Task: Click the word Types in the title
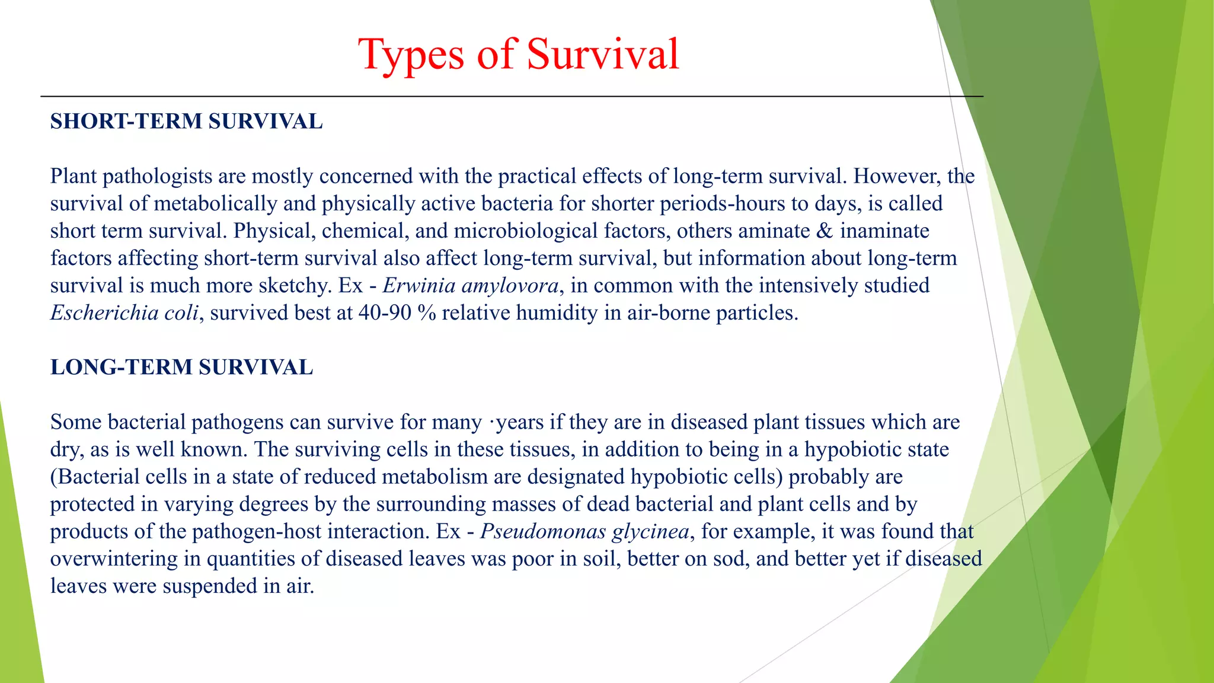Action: (411, 55)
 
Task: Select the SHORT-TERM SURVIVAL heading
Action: (186, 122)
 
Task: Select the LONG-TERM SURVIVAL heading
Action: (181, 368)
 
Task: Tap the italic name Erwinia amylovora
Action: (470, 286)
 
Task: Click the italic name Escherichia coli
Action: (124, 313)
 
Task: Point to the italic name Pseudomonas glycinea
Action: (584, 531)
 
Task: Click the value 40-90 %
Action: (397, 313)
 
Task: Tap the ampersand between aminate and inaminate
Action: (825, 231)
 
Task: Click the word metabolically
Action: (215, 204)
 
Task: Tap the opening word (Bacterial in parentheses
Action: (95, 477)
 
